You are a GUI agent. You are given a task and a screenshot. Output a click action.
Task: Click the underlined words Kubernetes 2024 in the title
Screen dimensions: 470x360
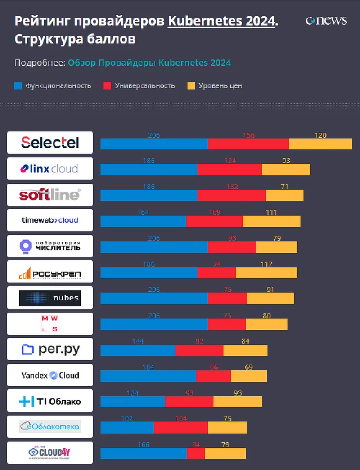pyautogui.click(x=221, y=21)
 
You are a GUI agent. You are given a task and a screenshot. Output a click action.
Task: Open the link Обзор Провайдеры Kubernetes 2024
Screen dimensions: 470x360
pyautogui.click(x=149, y=63)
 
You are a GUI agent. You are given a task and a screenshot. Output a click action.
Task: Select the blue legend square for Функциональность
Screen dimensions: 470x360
pyautogui.click(x=18, y=85)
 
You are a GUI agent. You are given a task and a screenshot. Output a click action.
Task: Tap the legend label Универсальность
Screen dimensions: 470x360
pyautogui.click(x=144, y=85)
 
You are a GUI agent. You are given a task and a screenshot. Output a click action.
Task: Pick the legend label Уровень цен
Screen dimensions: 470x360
pyautogui.click(x=220, y=85)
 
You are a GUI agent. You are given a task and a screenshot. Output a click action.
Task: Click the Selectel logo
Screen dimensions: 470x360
pyautogui.click(x=50, y=143)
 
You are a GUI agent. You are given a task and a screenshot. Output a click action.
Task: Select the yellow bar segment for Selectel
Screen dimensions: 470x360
pyautogui.click(x=320, y=144)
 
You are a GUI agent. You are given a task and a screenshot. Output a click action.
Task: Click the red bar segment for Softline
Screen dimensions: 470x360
pyautogui.click(x=232, y=195)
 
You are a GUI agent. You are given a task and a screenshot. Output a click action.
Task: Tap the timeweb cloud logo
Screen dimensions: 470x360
pyautogui.click(x=50, y=220)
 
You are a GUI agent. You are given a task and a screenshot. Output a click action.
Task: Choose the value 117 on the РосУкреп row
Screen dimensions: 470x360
pyautogui.click(x=266, y=264)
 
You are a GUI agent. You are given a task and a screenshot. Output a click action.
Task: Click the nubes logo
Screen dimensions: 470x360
pyautogui.click(x=50, y=298)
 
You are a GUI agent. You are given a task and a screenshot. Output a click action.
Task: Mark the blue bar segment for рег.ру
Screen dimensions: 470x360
pyautogui.click(x=138, y=350)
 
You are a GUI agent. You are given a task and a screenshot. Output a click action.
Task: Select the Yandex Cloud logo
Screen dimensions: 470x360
pyautogui.click(x=50, y=375)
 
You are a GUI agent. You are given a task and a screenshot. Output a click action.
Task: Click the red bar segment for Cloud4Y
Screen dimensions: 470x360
pyautogui.click(x=195, y=453)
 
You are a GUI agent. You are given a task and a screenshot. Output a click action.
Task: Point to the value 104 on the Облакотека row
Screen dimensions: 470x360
pyautogui.click(x=181, y=419)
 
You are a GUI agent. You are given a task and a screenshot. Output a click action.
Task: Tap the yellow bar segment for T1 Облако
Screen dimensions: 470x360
pyautogui.click(x=237, y=402)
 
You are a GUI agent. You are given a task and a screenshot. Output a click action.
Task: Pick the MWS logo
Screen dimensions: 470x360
pyautogui.click(x=50, y=324)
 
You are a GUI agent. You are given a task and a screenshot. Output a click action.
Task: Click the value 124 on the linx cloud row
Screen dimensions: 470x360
pyautogui.click(x=229, y=161)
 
